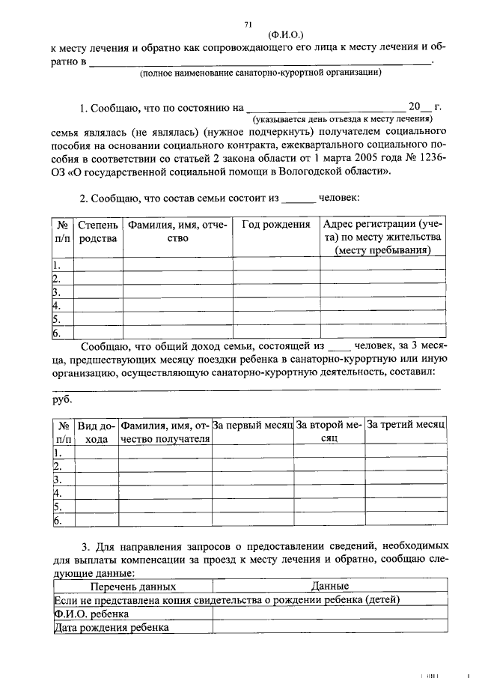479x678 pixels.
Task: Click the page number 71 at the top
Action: coord(247,24)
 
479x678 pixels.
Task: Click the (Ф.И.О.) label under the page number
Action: coord(285,34)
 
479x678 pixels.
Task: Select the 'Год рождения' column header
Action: coord(275,225)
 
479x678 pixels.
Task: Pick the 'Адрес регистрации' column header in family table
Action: coord(383,237)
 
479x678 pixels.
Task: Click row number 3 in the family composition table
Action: coord(56,292)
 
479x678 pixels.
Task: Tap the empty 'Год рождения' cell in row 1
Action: coord(275,264)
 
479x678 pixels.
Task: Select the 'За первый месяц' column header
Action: coord(252,425)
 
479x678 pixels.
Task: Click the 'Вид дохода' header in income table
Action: coord(96,432)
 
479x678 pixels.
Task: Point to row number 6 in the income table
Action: coord(56,520)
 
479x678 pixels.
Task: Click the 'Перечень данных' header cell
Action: coord(132,587)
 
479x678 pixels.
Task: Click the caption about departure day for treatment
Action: coord(343,118)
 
